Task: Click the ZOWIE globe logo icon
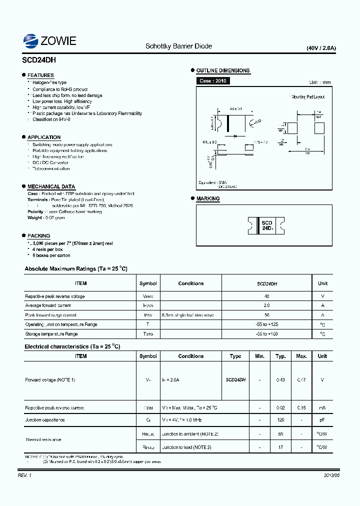tap(30, 41)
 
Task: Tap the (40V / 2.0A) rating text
tap(321, 48)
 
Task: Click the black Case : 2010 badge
tap(212, 80)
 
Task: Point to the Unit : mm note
tap(319, 82)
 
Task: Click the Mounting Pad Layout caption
tap(308, 97)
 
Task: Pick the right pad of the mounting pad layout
tap(318, 127)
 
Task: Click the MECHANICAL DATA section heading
tap(51, 186)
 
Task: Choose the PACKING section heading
tap(38, 235)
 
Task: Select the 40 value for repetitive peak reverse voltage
tap(266, 296)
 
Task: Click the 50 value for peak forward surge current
tap(266, 315)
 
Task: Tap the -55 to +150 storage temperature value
tap(266, 333)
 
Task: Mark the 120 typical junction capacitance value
tap(280, 420)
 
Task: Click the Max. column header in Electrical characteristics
tap(301, 356)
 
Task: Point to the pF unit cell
tap(322, 420)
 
